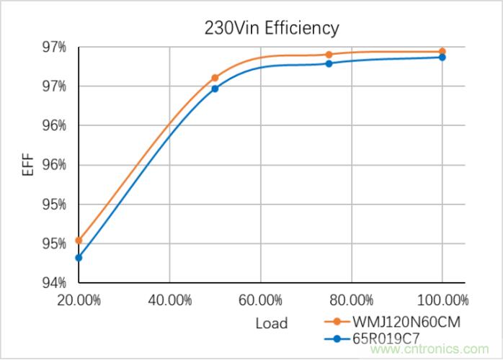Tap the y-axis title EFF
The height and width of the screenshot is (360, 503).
tap(27, 163)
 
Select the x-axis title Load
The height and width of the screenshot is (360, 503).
tap(271, 323)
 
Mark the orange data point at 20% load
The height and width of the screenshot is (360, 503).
tap(79, 240)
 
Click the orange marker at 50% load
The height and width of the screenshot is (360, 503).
tap(215, 78)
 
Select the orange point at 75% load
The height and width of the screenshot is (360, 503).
tap(329, 55)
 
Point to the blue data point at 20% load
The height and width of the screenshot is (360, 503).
tap(79, 258)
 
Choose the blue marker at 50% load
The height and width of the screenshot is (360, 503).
tap(215, 89)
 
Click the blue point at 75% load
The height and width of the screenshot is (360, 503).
tap(329, 63)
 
